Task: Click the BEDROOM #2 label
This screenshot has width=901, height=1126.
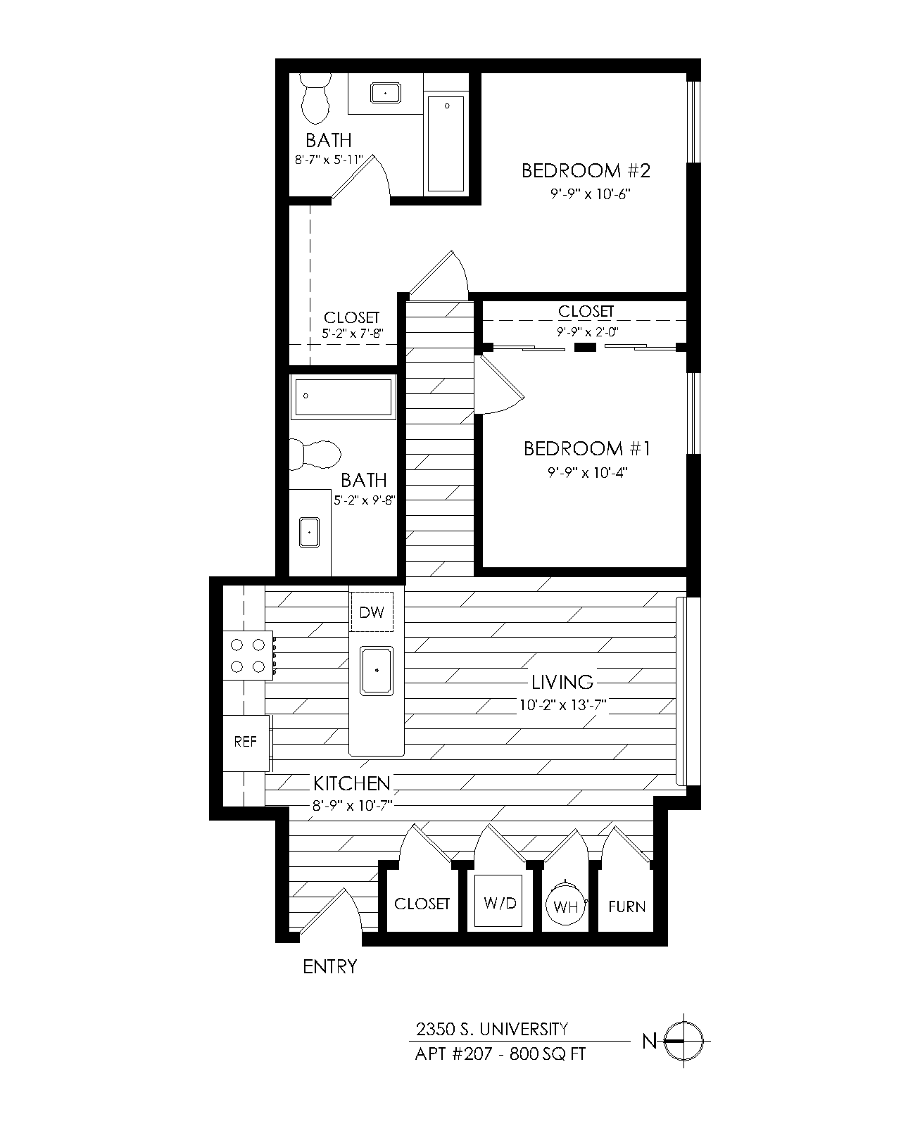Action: pos(586,170)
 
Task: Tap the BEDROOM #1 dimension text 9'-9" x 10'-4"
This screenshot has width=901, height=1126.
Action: pos(587,472)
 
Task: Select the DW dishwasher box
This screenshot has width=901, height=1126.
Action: pos(372,612)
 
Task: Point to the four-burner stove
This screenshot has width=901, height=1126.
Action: pos(248,656)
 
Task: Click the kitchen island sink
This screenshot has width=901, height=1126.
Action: pos(377,671)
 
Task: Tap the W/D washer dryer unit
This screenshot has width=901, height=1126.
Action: pos(498,903)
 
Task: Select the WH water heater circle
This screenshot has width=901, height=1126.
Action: pos(565,905)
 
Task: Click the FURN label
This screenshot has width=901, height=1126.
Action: pos(626,906)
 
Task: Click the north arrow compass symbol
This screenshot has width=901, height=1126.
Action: pos(683,1042)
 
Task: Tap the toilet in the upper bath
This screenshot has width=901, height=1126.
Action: pos(315,99)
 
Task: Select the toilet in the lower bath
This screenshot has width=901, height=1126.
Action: pos(315,454)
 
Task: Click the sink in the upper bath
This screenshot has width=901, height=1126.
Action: pos(386,93)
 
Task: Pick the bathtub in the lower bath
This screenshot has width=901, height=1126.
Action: pos(344,397)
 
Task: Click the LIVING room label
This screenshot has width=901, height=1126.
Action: pos(562,683)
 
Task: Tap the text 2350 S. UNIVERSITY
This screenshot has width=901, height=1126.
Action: pos(491,1029)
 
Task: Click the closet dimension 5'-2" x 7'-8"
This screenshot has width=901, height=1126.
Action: pos(353,334)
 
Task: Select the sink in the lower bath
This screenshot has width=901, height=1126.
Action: pos(310,532)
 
